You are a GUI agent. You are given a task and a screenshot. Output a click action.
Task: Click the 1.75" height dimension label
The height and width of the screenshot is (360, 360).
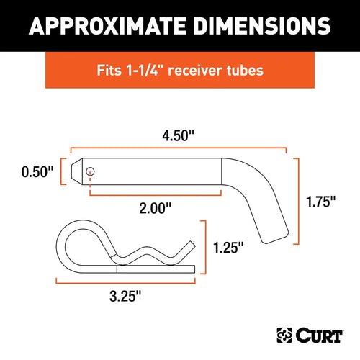(x=320, y=202)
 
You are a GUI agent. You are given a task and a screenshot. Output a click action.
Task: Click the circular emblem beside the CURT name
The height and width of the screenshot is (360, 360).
(x=285, y=336)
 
